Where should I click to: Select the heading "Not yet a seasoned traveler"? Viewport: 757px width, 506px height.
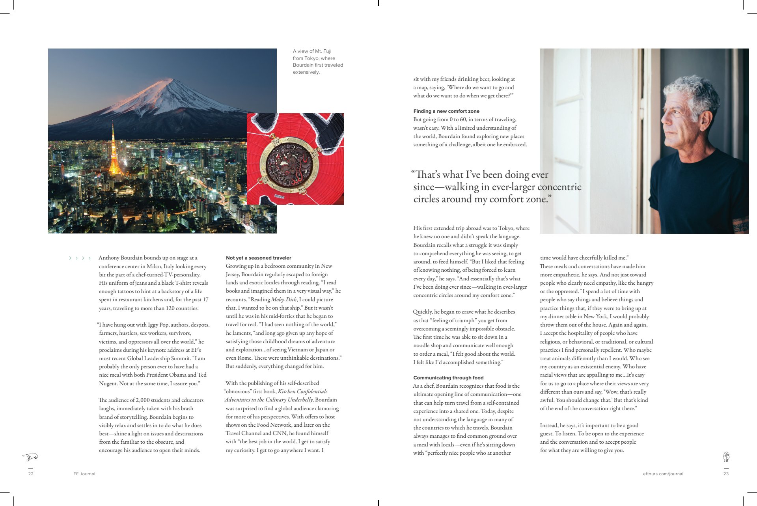[x=258, y=258]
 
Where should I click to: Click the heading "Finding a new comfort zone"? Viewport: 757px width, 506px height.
[x=446, y=111]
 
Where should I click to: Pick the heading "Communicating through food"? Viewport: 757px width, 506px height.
[x=448, y=378]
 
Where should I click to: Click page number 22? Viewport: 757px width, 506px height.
[x=31, y=474]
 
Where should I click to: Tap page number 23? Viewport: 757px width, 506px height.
[x=726, y=474]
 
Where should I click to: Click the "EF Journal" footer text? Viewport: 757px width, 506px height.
[x=84, y=474]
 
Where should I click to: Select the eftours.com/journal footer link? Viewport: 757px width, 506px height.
[x=663, y=474]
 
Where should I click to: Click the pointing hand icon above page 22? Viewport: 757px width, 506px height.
[x=30, y=457]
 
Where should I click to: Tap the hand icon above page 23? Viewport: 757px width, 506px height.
[x=726, y=457]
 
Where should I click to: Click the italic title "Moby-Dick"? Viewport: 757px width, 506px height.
[x=283, y=300]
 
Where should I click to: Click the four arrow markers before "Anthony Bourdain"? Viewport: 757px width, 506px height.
[x=80, y=258]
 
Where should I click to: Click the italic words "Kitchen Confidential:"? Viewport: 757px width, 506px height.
[x=302, y=392]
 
